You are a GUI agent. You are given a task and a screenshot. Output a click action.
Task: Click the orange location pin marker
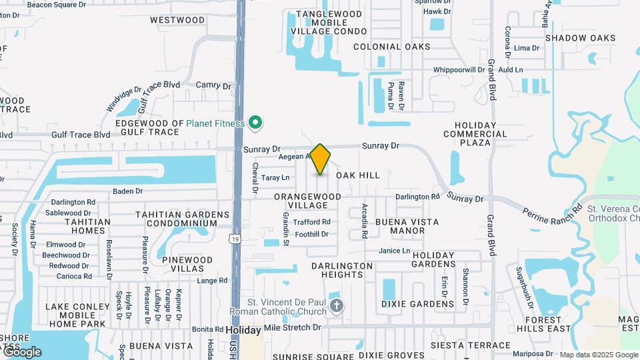coord(320,159)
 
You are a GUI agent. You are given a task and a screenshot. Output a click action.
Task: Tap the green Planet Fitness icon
coord(254,123)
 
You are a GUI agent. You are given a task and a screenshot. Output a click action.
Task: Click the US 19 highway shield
coord(235,238)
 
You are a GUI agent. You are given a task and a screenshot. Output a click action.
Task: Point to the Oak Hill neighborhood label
coord(358,175)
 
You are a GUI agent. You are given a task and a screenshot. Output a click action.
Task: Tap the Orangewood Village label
coord(307,201)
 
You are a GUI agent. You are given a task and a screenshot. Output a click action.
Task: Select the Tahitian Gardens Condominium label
coord(183,219)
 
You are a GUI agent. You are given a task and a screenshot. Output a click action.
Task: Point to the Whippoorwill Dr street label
coord(459,69)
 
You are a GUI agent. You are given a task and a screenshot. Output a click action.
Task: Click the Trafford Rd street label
coord(311,222)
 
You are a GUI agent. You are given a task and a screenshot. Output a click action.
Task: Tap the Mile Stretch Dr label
coord(288,328)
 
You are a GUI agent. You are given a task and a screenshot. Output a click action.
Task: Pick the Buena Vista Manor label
coord(399,226)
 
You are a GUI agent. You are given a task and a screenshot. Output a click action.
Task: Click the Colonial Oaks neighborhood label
coord(391,47)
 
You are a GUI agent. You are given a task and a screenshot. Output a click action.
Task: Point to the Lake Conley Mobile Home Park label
coord(75,315)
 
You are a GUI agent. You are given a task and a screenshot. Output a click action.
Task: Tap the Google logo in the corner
coord(21,351)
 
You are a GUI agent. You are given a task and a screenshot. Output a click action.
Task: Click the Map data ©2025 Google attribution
coord(599,355)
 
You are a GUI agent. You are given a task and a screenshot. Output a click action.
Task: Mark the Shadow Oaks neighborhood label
coord(580,38)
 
